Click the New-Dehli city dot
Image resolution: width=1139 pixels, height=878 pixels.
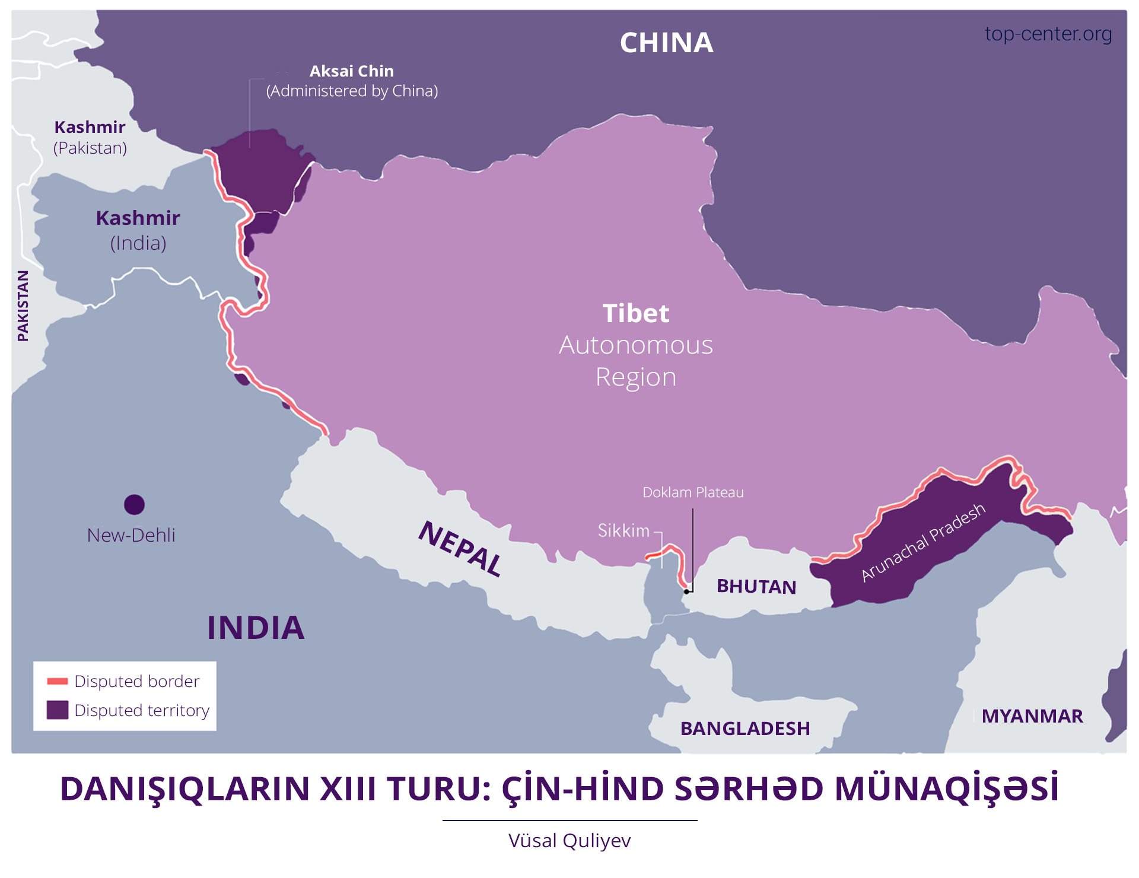(135, 505)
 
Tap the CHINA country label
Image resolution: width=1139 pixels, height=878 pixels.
(666, 43)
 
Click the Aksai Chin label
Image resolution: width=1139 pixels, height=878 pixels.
(351, 71)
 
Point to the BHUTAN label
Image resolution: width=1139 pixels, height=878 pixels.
(756, 587)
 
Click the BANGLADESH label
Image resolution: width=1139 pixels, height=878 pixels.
(745, 729)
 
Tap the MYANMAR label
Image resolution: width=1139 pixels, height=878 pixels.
(1032, 716)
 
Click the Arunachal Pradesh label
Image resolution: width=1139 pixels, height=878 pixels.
(923, 542)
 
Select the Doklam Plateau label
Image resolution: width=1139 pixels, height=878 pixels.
(692, 492)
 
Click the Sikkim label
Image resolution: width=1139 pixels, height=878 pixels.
(623, 530)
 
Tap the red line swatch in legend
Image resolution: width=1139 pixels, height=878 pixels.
(58, 681)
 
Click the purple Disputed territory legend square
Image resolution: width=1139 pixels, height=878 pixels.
(58, 710)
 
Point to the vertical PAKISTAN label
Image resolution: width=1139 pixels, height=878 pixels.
(23, 306)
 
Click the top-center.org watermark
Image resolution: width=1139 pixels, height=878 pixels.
(1048, 34)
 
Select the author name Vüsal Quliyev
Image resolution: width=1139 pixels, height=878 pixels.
(569, 841)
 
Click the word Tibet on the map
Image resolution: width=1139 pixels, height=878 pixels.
(635, 313)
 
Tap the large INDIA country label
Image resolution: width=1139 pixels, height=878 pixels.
(256, 628)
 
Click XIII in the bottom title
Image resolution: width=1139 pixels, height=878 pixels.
(347, 789)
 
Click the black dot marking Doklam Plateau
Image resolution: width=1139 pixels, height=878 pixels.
(686, 591)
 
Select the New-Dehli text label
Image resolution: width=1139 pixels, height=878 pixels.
(131, 535)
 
